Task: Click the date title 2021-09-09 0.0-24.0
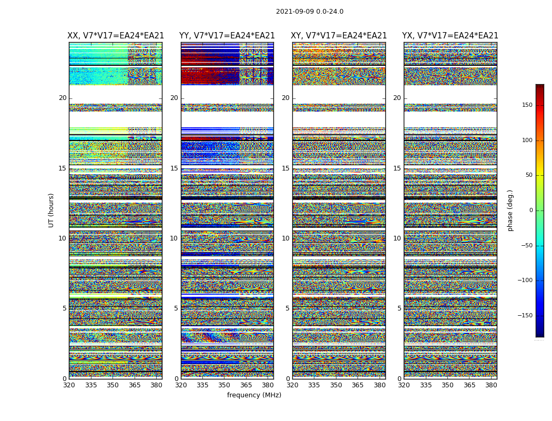[x=310, y=12]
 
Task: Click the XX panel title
[x=116, y=36]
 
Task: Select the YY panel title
[x=227, y=36]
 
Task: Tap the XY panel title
[x=339, y=36]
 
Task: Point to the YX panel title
[x=450, y=36]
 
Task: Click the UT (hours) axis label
[x=51, y=210]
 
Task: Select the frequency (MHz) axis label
[x=254, y=395]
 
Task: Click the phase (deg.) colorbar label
[x=510, y=210]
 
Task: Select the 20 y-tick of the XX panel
[x=63, y=98]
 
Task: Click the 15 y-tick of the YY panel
[x=174, y=168]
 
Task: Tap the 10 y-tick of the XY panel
[x=285, y=238]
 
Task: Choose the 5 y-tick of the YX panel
[x=399, y=308]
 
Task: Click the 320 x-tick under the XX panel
[x=69, y=385]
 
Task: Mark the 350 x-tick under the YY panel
[x=224, y=385]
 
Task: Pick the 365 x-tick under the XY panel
[x=357, y=385]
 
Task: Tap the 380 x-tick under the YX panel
[x=491, y=385]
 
